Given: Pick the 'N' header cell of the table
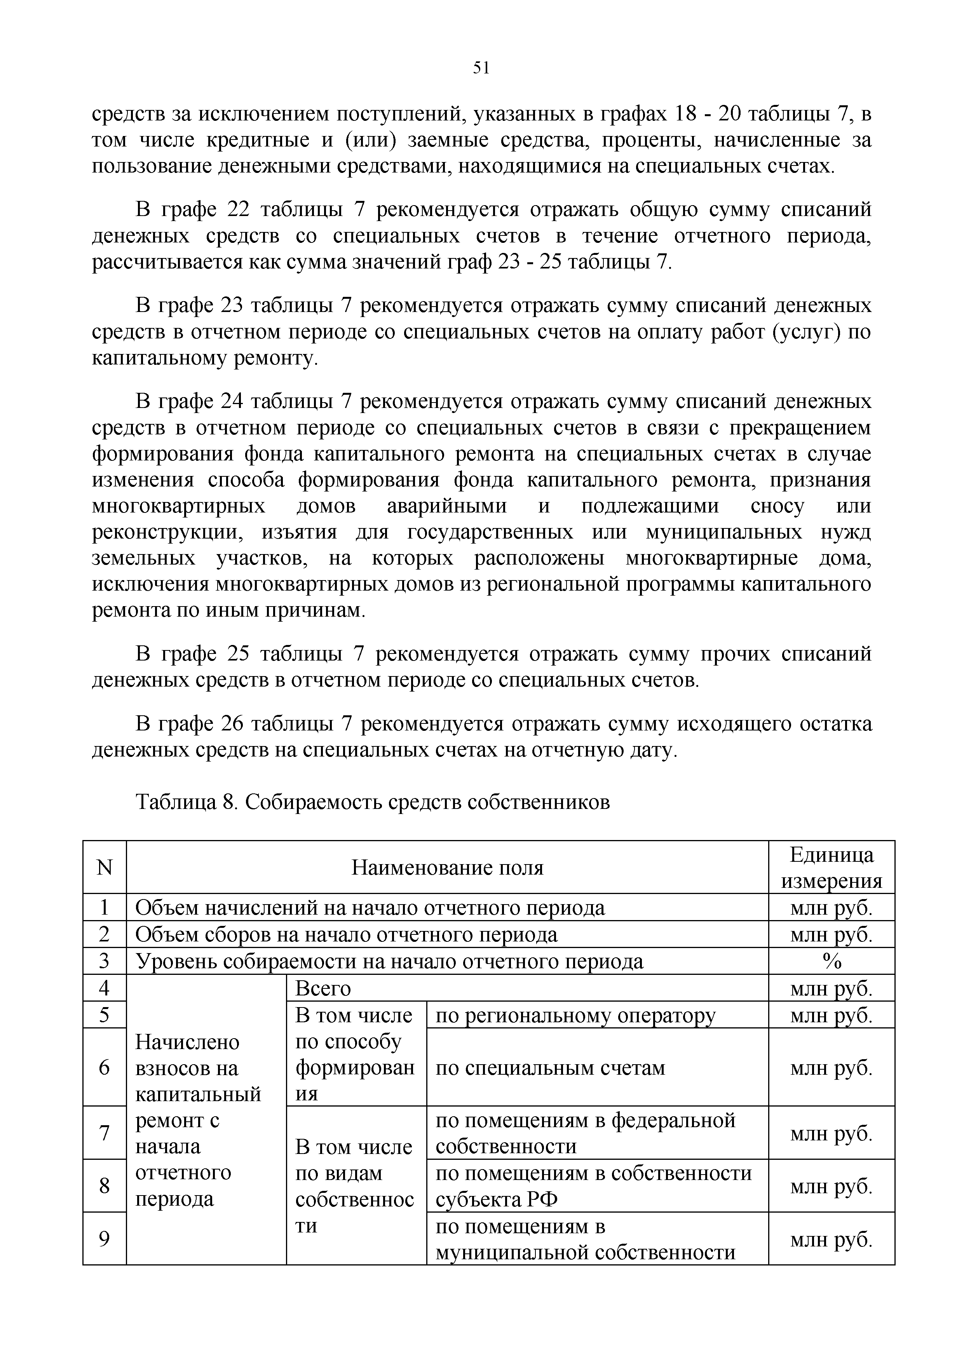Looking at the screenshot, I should click(x=105, y=868).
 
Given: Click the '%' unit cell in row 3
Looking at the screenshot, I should click(x=831, y=961).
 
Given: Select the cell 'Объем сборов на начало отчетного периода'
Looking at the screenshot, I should click(x=347, y=934).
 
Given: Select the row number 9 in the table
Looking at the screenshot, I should click(x=105, y=1239).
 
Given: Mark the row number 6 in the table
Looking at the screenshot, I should click(x=105, y=1068).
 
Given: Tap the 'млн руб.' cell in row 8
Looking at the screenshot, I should click(x=831, y=1186).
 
